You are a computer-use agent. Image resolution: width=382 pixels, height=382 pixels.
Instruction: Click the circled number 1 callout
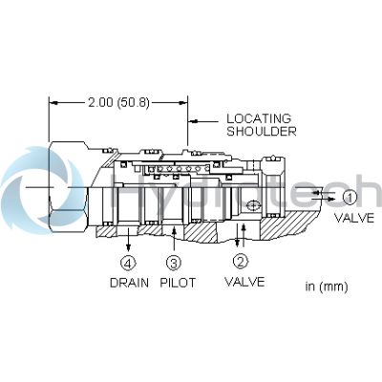(350, 198)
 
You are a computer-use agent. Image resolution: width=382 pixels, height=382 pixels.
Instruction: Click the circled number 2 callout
(241, 262)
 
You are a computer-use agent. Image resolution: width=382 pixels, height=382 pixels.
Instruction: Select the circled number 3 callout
(174, 263)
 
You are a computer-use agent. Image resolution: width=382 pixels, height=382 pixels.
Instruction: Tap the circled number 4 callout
(128, 263)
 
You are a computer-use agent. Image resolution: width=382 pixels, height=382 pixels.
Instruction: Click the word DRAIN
(129, 283)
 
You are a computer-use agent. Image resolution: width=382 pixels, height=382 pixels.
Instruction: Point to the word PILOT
(178, 283)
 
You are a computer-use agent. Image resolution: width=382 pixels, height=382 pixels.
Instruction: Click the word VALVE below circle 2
(244, 282)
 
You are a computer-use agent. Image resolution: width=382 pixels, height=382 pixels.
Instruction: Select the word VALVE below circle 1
(354, 218)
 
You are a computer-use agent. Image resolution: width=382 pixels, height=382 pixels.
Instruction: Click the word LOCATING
(259, 118)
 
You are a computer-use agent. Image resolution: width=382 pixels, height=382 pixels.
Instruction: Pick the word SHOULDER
(262, 131)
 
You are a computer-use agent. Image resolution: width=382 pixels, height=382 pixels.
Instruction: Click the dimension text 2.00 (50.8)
(118, 103)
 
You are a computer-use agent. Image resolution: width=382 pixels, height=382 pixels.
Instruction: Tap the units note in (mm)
(327, 286)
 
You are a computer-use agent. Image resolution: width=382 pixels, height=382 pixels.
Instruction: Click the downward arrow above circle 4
(128, 240)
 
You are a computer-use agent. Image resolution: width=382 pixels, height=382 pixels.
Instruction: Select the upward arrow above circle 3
(174, 240)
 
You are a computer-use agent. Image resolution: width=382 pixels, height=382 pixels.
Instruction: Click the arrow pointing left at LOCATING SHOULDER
(203, 121)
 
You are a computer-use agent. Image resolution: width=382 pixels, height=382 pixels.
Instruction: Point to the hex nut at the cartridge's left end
(69, 187)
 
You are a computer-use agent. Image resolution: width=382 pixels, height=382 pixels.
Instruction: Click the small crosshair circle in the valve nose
(253, 205)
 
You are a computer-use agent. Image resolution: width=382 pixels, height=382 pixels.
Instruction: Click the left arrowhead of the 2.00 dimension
(53, 103)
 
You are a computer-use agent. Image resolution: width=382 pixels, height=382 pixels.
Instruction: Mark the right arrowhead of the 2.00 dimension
(183, 103)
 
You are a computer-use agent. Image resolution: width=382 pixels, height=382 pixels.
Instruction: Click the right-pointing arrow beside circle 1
(323, 200)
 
